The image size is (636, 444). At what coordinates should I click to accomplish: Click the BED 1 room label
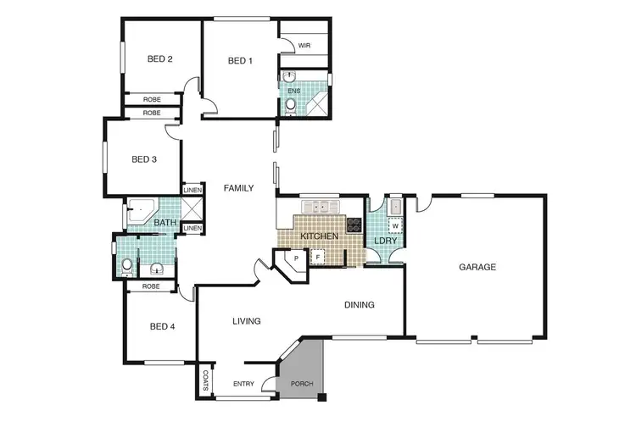coord(240,61)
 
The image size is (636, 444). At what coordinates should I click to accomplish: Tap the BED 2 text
coord(159,59)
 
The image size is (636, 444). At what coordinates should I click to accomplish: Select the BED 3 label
coord(144,159)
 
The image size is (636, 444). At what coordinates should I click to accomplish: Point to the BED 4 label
coord(161,326)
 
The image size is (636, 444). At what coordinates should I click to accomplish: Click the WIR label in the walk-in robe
coord(304,45)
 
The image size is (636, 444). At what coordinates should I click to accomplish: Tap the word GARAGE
coord(477,267)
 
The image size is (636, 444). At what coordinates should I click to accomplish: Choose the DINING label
coord(359,305)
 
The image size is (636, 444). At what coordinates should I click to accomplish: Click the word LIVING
coord(246,321)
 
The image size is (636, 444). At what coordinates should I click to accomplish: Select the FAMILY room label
coord(238,188)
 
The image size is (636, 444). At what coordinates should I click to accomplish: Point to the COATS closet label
coord(206,383)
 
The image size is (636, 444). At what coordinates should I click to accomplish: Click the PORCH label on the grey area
coord(302,384)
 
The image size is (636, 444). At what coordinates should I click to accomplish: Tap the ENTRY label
coord(243,384)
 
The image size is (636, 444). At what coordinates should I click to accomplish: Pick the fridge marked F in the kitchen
coord(317,255)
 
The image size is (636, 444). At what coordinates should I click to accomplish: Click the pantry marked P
coord(295,256)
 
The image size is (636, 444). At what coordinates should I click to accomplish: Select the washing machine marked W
coord(395,227)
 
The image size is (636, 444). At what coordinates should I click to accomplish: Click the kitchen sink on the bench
coord(318,206)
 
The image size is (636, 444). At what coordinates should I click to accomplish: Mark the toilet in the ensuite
coord(290,105)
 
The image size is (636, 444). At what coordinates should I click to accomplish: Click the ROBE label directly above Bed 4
coord(151,286)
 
